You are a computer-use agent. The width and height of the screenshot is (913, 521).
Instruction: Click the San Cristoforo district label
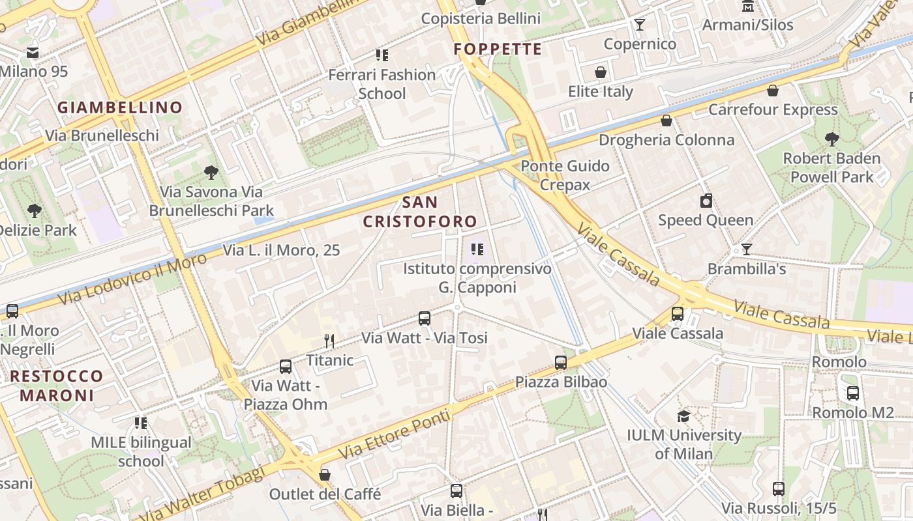[420, 212]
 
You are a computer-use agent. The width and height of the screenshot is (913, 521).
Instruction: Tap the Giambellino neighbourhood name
[120, 107]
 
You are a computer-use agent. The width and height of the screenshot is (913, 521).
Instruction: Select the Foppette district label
[498, 49]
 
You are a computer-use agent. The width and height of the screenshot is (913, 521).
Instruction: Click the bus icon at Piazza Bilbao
[561, 363]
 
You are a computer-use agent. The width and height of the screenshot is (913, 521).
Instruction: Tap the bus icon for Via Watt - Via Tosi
[425, 318]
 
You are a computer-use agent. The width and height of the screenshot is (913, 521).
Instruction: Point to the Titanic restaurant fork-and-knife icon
[329, 341]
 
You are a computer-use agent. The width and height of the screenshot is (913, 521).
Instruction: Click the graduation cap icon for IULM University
[683, 416]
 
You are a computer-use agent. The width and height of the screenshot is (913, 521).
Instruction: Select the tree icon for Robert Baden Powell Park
[831, 139]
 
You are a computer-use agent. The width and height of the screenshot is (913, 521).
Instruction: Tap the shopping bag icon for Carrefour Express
[773, 91]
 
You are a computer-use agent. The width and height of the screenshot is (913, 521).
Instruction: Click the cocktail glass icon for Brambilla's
[746, 249]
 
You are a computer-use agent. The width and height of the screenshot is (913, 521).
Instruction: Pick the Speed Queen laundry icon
[706, 201]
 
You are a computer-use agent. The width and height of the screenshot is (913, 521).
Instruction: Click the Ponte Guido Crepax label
[565, 175]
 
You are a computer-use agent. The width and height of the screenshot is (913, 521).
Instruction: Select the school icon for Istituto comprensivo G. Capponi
[477, 249]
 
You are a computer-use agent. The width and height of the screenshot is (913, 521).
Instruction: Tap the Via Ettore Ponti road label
[395, 433]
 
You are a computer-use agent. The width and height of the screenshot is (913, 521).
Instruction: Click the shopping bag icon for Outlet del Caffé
[325, 475]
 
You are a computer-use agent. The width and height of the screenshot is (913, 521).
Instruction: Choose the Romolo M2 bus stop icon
[852, 393]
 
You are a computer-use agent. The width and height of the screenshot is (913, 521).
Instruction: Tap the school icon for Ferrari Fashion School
[382, 55]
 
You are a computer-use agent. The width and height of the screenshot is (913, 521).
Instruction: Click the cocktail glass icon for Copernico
[640, 25]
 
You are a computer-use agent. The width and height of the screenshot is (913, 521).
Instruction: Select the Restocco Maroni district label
[56, 386]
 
